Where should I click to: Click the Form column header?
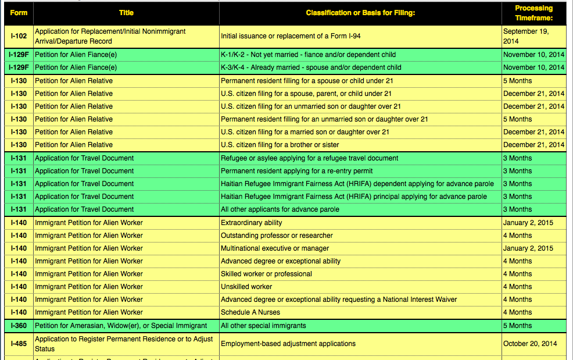coord(19,13)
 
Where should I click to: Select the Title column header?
coord(126,13)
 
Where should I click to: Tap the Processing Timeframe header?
coord(533,13)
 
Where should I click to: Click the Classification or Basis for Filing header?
coord(360,13)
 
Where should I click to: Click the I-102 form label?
coord(19,36)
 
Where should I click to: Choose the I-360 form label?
coord(19,326)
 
